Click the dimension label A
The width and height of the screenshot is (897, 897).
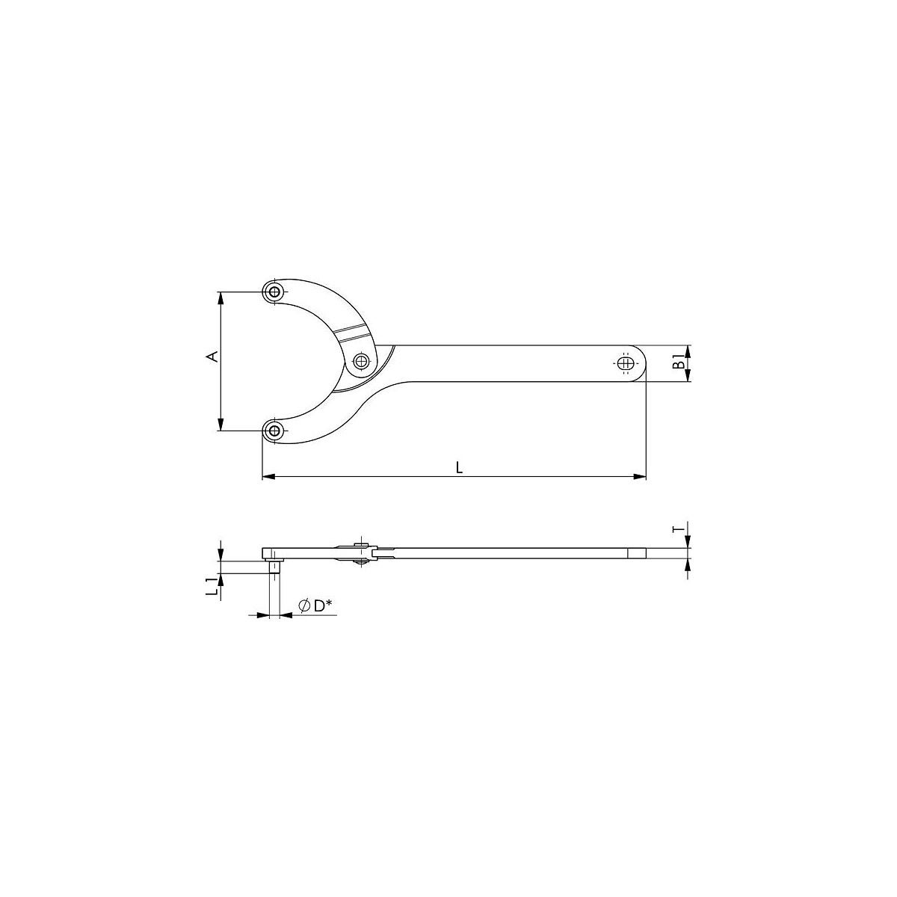[x=212, y=357]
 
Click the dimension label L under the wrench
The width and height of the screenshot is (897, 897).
[x=460, y=468]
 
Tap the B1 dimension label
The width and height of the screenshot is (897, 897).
[x=680, y=362]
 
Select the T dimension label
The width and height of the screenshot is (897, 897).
[x=680, y=528]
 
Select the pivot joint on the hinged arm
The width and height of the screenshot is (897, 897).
[x=361, y=360]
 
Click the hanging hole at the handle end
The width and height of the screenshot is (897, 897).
[x=626, y=363]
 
